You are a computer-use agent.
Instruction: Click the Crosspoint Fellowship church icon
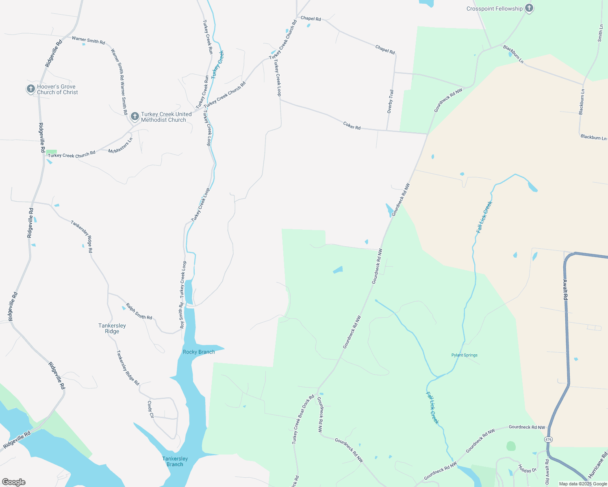[x=529, y=8]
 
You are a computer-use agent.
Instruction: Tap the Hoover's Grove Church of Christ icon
[x=30, y=89]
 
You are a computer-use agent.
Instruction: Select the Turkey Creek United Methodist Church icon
[x=135, y=116]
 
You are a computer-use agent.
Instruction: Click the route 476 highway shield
[x=549, y=440]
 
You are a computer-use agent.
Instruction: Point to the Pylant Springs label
[x=464, y=355]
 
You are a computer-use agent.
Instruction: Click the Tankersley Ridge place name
[x=112, y=328]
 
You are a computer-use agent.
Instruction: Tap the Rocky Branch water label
[x=199, y=352]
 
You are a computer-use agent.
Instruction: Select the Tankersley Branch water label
[x=175, y=461]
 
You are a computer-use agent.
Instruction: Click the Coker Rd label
[x=352, y=125]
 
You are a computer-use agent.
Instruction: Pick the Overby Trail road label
[x=390, y=101]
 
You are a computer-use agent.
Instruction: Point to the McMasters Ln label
[x=120, y=146]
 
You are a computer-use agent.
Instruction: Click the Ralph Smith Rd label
[x=139, y=311]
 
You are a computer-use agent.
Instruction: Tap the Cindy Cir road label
[x=150, y=409]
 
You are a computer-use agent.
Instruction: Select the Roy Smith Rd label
[x=182, y=315]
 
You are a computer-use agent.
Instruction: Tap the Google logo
[x=14, y=482]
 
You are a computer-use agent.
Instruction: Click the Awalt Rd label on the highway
[x=565, y=289]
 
